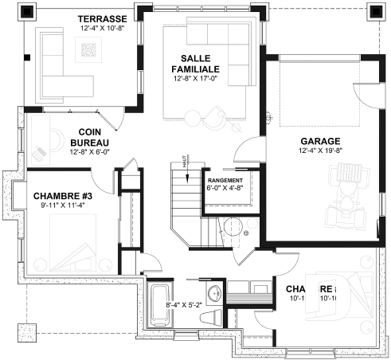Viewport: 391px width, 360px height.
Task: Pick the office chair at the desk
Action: point(40,151)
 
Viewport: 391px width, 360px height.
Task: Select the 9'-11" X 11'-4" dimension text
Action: point(61,205)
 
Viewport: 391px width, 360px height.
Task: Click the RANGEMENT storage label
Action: point(225,181)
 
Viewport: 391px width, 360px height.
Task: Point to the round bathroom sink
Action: point(215,289)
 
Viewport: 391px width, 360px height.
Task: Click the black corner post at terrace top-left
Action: point(28,12)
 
